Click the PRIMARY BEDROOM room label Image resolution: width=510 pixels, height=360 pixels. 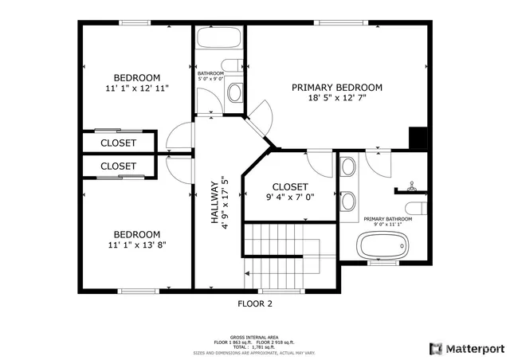(x=336, y=88)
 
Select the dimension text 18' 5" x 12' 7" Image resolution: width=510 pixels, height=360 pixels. (x=336, y=100)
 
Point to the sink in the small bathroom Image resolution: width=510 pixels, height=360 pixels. (x=235, y=93)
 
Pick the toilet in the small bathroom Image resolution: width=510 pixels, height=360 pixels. (x=232, y=65)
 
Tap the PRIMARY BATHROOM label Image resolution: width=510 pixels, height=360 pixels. (x=388, y=218)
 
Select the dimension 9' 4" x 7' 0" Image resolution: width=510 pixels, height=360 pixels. (x=290, y=197)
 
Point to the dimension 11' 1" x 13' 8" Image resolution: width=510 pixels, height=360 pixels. (x=136, y=245)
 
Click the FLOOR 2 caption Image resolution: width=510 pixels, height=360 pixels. (x=255, y=303)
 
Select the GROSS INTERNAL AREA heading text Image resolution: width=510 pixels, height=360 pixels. (x=254, y=337)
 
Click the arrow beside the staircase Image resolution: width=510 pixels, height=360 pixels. (x=249, y=273)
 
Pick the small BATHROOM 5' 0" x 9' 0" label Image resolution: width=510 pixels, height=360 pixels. (x=210, y=76)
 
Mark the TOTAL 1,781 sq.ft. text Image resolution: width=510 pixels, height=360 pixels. (x=255, y=346)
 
